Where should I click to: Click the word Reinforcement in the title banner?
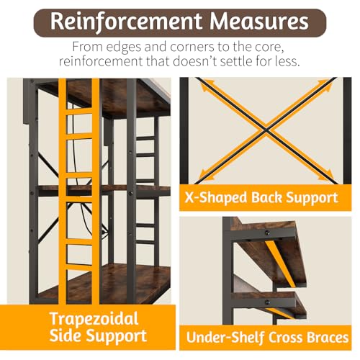pos(126,22)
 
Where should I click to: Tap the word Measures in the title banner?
pos(259,21)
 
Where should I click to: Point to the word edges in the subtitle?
pos(123,48)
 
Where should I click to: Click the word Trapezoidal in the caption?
pos(94,319)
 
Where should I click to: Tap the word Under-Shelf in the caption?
pos(225,338)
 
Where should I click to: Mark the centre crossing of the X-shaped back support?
pos(266,130)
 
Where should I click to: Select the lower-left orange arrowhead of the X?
pos(204,174)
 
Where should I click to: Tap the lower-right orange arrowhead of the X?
pos(328,174)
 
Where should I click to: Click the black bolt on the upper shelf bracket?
pos(267,233)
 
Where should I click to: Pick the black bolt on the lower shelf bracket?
pos(267,302)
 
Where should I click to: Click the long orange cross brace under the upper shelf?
pos(280,264)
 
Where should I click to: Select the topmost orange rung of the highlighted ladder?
pos(78,112)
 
